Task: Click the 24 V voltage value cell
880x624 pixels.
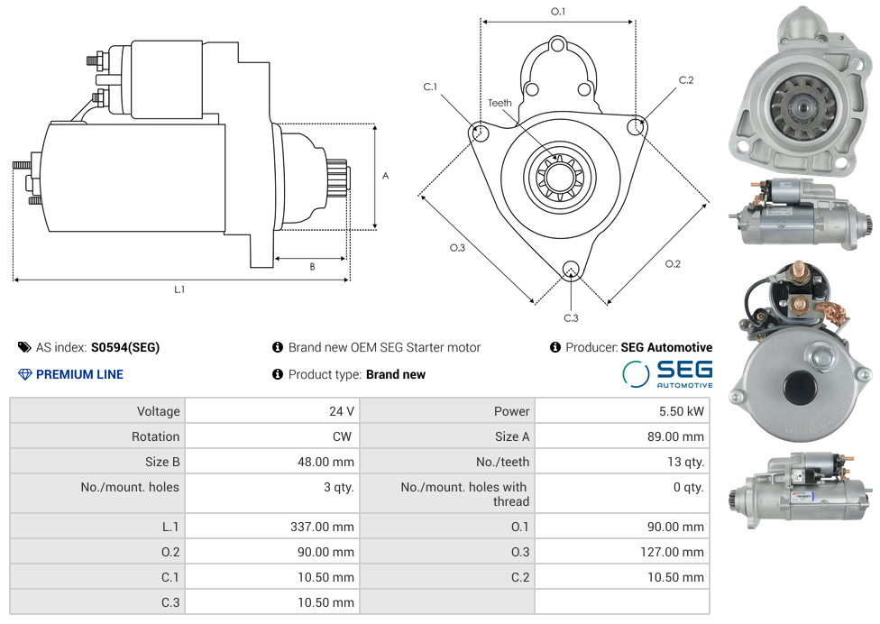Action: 341,411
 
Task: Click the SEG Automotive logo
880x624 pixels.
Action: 668,373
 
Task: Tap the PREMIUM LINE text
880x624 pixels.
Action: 79,374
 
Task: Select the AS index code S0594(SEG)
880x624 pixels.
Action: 125,347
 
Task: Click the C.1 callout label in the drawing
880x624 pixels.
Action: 430,87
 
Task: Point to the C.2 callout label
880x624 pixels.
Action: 686,80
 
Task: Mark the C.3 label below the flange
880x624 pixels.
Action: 571,317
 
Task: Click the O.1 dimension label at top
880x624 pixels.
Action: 558,11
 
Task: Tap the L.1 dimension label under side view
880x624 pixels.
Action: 179,289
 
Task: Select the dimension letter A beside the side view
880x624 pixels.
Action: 385,176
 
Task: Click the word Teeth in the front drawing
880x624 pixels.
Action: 500,103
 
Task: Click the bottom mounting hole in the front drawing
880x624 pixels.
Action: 570,268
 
